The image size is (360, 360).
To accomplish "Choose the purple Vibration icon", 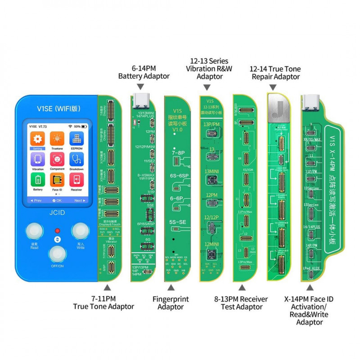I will click(x=38, y=159).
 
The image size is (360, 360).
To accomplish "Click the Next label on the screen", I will click(x=78, y=200).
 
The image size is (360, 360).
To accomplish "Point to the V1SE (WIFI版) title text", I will click(x=56, y=108).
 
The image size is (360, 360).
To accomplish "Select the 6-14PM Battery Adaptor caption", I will click(x=144, y=72).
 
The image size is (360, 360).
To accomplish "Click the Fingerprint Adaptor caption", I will click(x=171, y=303).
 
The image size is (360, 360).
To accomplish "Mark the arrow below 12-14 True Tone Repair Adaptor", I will click(x=275, y=86).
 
